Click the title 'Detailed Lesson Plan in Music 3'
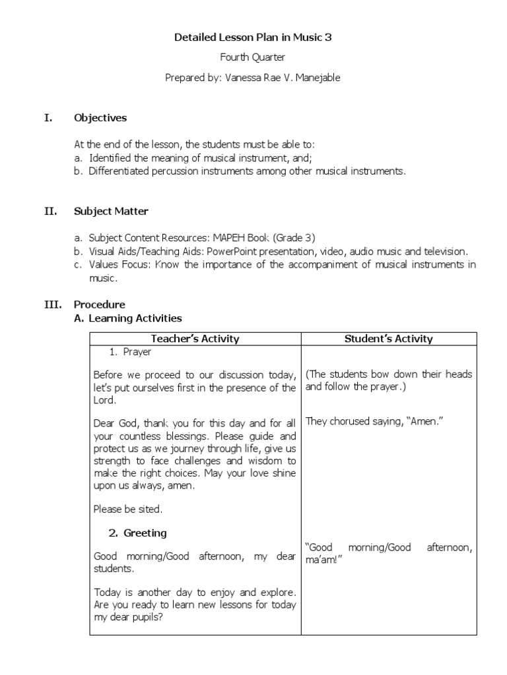pos(253,38)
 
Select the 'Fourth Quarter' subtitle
pos(253,57)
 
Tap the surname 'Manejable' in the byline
pos(317,78)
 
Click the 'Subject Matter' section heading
pos(111,212)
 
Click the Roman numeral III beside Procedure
pos(52,305)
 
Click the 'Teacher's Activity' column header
pos(195,339)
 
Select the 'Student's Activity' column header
pos(389,339)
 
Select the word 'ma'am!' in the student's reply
pos(322,559)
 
